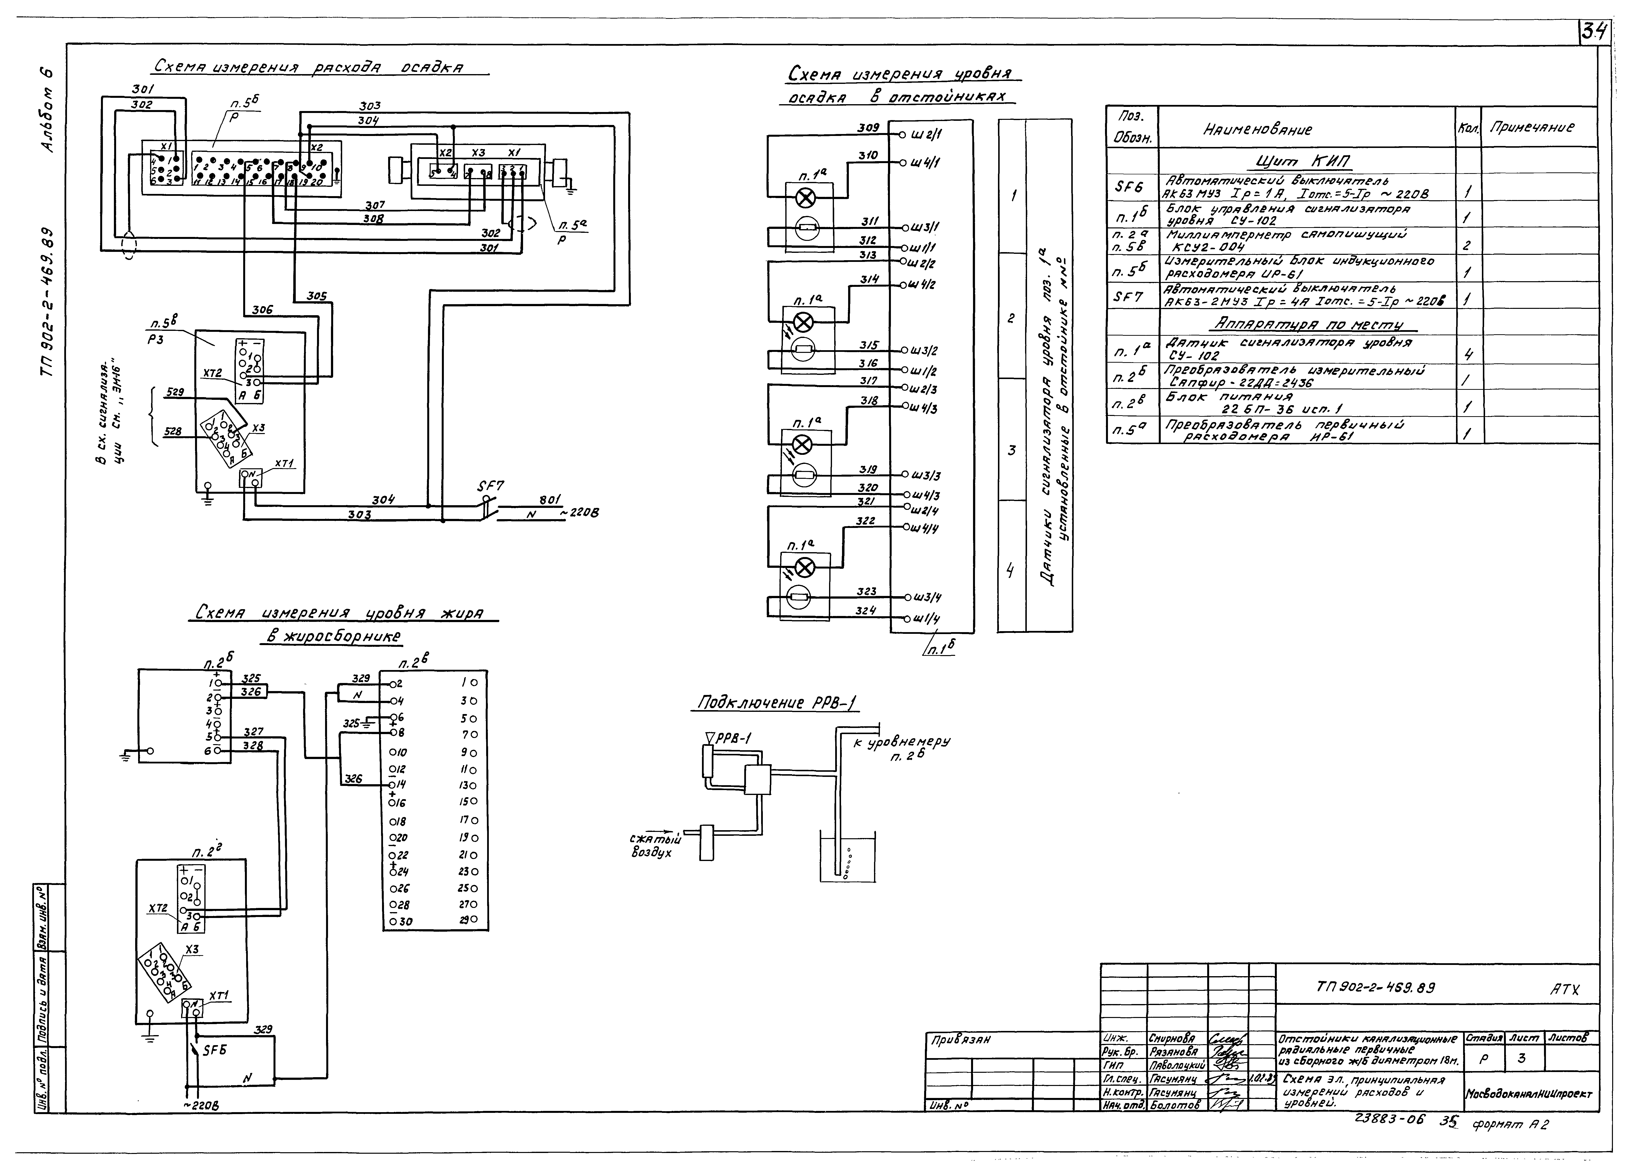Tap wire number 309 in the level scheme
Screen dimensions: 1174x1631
[868, 128]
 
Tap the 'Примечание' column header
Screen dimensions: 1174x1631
[1532, 128]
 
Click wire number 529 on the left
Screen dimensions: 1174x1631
[175, 393]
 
